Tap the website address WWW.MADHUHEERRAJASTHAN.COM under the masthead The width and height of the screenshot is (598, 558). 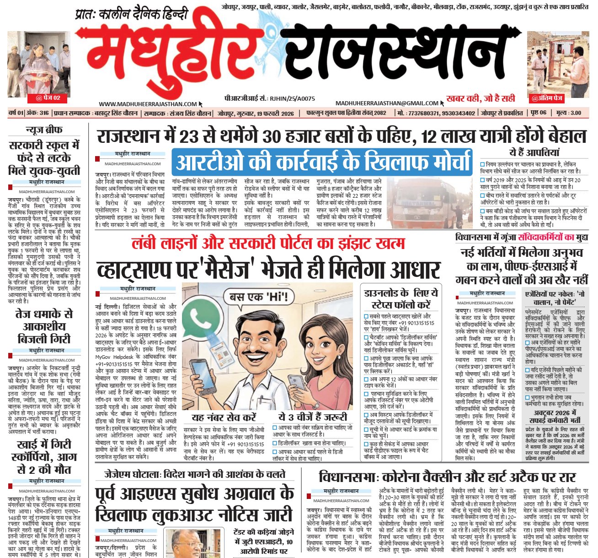pyautogui.click(x=148, y=104)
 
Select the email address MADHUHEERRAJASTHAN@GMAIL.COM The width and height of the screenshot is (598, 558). pyautogui.click(x=387, y=103)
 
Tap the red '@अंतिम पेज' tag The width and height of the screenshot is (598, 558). pyautogui.click(x=546, y=98)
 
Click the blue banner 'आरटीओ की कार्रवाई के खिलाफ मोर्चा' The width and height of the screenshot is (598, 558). pyautogui.click(x=322, y=163)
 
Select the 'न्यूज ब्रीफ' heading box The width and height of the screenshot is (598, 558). pyautogui.click(x=44, y=130)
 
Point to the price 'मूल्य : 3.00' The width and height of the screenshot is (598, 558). pyautogui.click(x=569, y=113)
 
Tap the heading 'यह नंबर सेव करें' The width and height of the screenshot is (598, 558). pyautogui.click(x=224, y=417)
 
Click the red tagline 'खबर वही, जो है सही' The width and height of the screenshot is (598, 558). pyautogui.click(x=481, y=98)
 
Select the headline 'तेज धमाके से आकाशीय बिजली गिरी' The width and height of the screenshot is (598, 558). pyautogui.click(x=44, y=326)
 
